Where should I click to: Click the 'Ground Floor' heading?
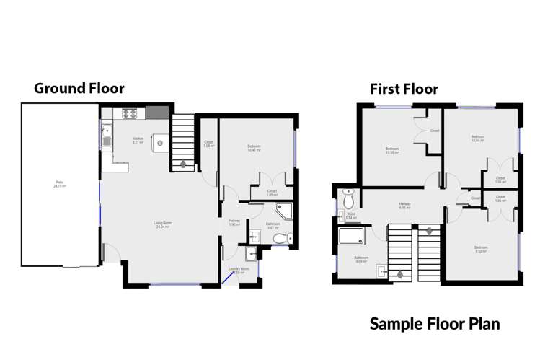click(x=79, y=89)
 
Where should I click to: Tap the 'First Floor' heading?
click(x=404, y=89)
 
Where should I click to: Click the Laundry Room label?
click(x=238, y=272)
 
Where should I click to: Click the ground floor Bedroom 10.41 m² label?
click(x=253, y=148)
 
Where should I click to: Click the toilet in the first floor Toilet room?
click(x=349, y=198)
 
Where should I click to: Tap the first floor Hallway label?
click(x=405, y=206)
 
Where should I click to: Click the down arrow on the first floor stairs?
click(x=429, y=232)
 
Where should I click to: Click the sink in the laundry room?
click(x=249, y=253)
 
